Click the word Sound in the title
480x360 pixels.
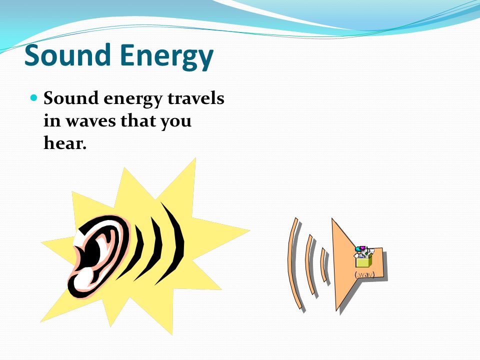point(67,55)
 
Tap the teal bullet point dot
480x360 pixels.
point(34,98)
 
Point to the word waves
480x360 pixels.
point(91,121)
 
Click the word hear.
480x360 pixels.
point(65,142)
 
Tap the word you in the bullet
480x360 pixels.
point(176,122)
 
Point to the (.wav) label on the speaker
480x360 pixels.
point(364,274)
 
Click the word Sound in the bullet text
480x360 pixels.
point(71,98)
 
